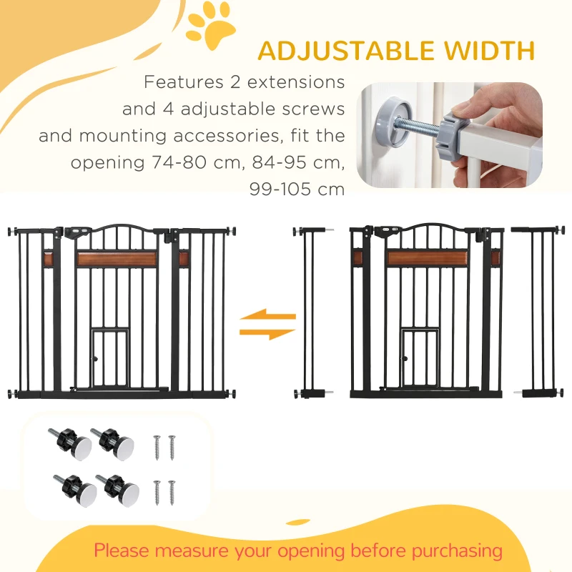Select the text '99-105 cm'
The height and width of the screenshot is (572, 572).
297,189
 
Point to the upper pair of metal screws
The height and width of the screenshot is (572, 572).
164,447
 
